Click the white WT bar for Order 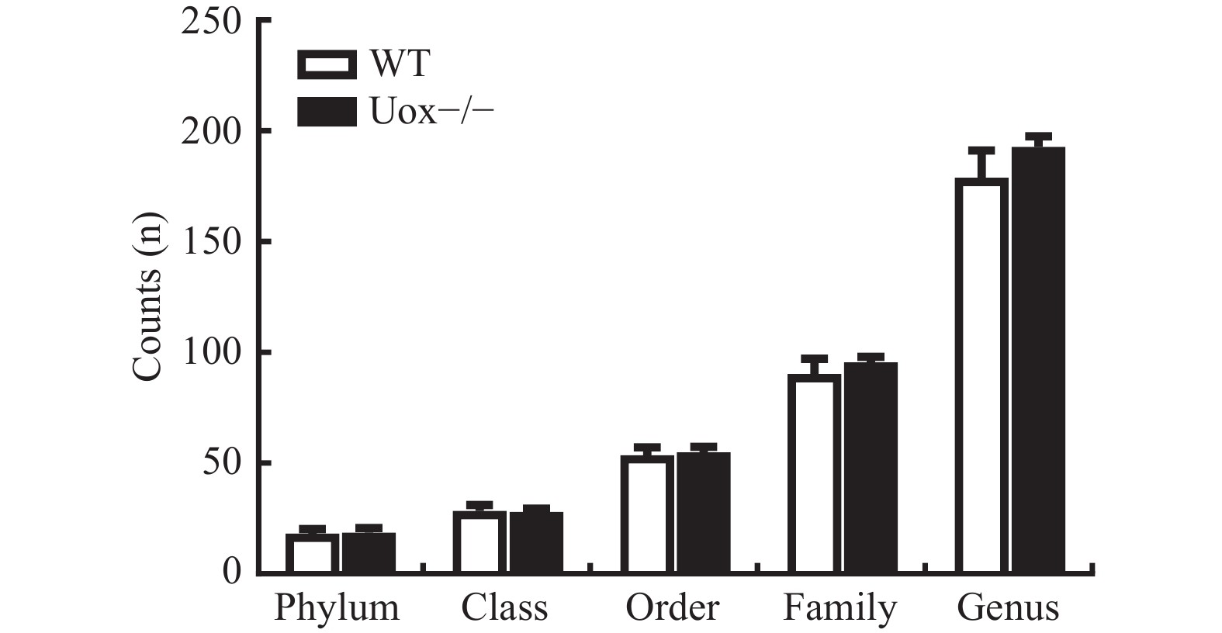click(x=647, y=515)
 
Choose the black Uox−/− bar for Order click(x=703, y=513)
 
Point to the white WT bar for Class click(x=479, y=542)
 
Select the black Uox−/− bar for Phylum click(x=369, y=552)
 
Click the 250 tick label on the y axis click(x=211, y=21)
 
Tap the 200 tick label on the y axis click(x=211, y=132)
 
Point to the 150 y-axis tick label click(x=211, y=243)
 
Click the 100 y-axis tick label click(x=211, y=353)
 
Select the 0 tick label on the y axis click(x=232, y=573)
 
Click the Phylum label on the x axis click(x=337, y=608)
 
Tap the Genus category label click(x=1008, y=608)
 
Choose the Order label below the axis click(x=673, y=608)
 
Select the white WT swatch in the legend click(x=327, y=64)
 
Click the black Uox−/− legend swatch click(x=327, y=112)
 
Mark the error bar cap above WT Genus click(x=981, y=150)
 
